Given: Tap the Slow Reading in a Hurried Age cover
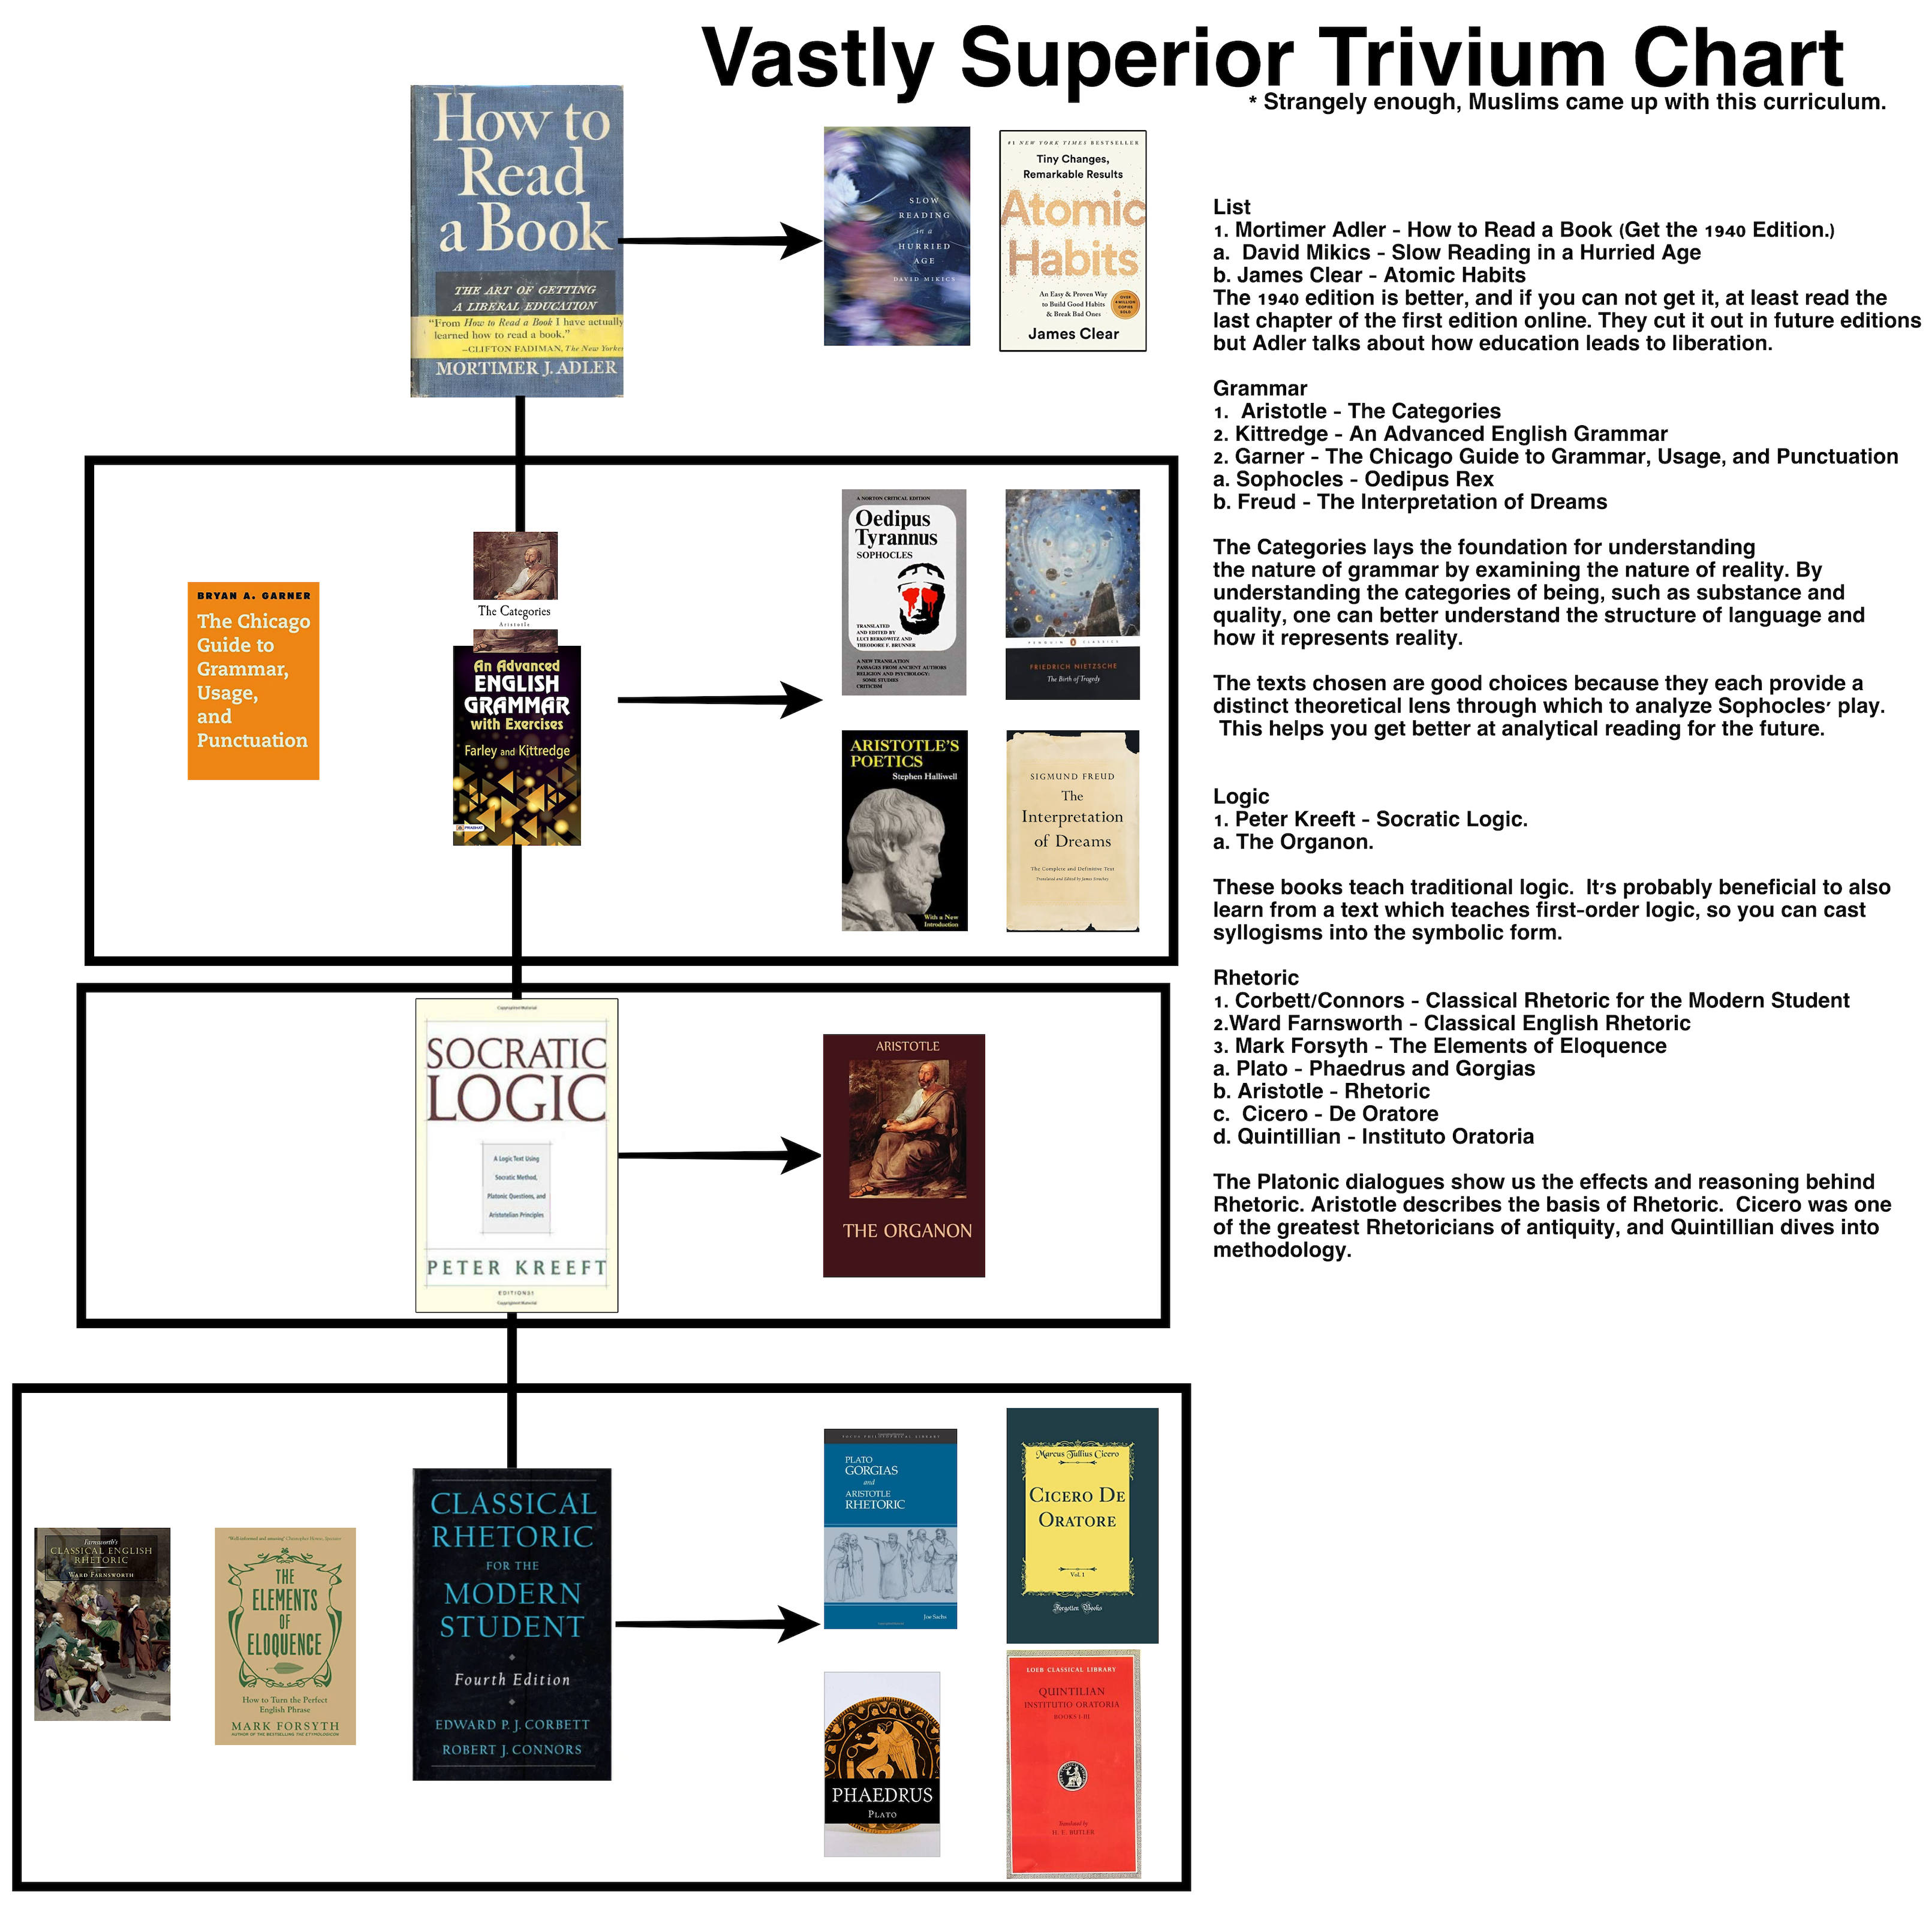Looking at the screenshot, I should click(896, 236).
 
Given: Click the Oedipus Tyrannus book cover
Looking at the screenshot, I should click(903, 592).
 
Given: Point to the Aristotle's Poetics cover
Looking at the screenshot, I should click(904, 830).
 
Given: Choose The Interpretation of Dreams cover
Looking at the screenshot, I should click(1072, 830).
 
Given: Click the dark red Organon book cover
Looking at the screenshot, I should click(903, 1155).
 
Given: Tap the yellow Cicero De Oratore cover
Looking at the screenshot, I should click(1081, 1525).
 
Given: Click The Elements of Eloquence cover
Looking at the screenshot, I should click(285, 1636).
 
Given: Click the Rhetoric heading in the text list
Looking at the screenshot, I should click(1255, 977).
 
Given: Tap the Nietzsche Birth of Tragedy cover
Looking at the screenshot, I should click(1072, 594).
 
